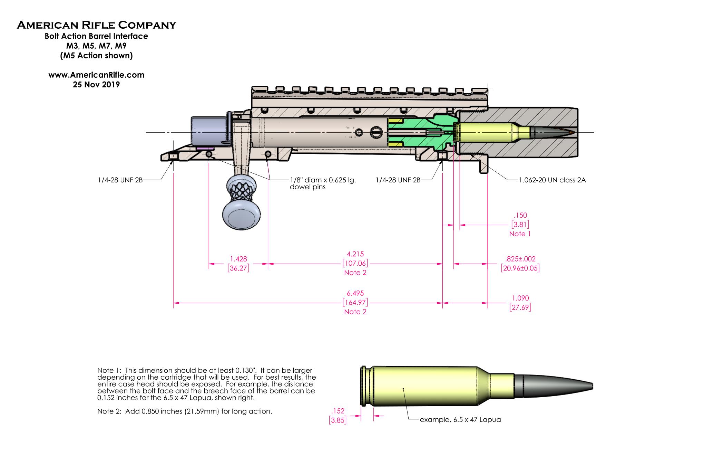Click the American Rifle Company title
pyautogui.click(x=96, y=25)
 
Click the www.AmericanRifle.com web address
pyautogui.click(x=96, y=75)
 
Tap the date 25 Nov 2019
pyautogui.click(x=96, y=85)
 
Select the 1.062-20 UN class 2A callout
pyautogui.click(x=552, y=180)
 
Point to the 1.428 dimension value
pyautogui.click(x=238, y=259)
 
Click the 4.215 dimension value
pyautogui.click(x=355, y=254)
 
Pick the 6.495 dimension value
pyautogui.click(x=355, y=293)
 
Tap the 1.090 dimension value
pyautogui.click(x=520, y=298)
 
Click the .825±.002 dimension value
pyautogui.click(x=520, y=259)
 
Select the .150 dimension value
pyautogui.click(x=520, y=215)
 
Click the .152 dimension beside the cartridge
pyautogui.click(x=338, y=411)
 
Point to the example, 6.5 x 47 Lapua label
pyautogui.click(x=460, y=420)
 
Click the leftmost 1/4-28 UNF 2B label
pyautogui.click(x=120, y=180)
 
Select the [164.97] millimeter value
pyautogui.click(x=355, y=303)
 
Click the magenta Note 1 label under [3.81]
pyautogui.click(x=520, y=234)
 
